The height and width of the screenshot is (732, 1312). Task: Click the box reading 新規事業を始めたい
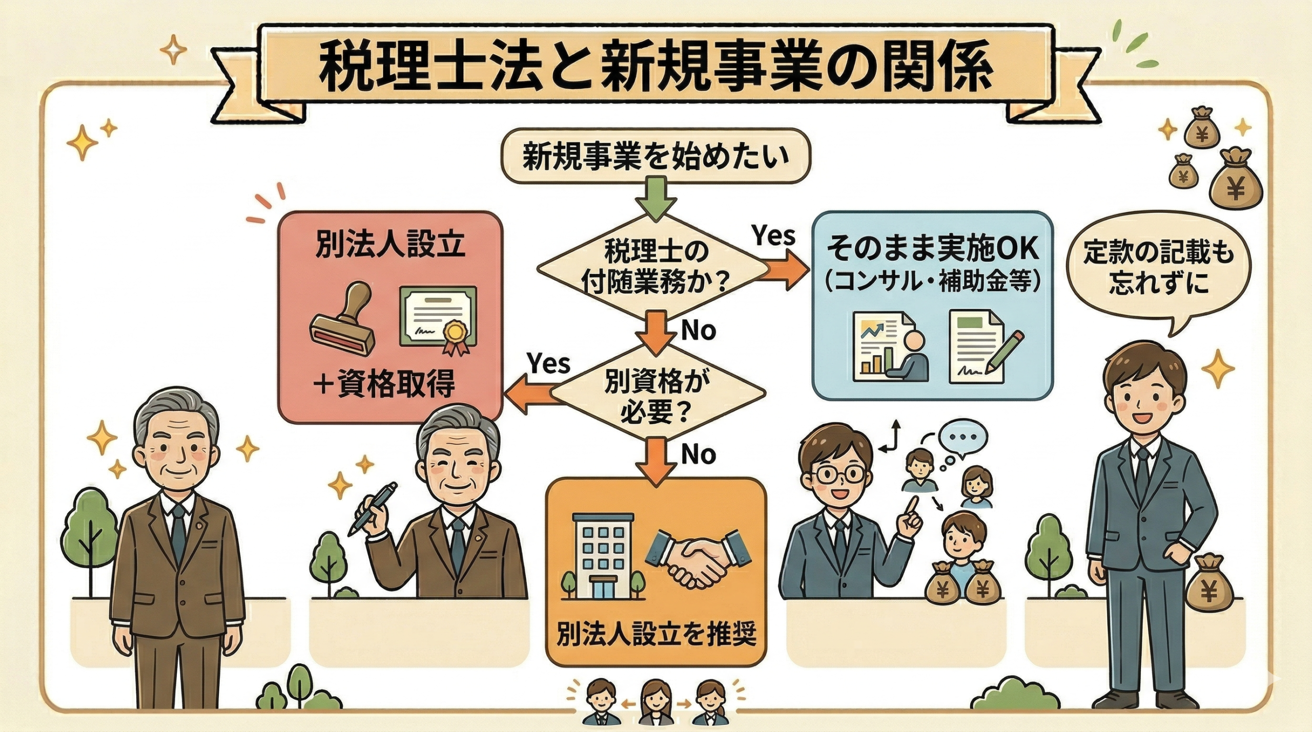(x=657, y=156)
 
